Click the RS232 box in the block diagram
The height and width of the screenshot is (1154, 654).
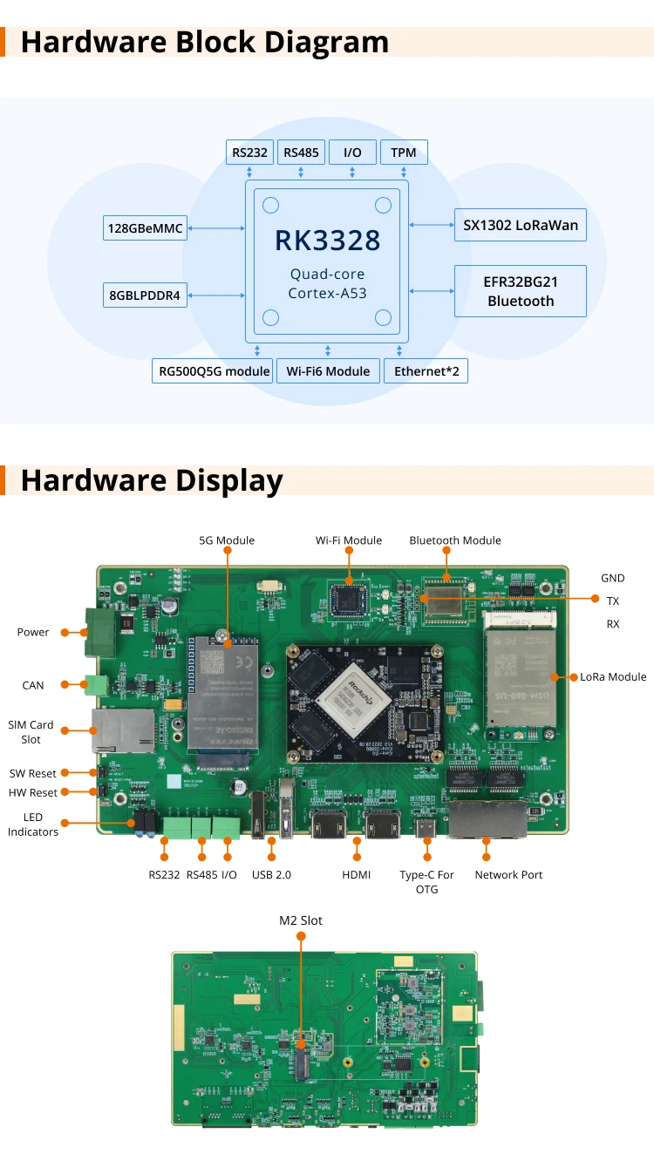point(250,153)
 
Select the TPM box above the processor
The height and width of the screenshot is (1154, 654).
point(403,153)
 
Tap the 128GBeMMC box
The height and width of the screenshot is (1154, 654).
point(145,228)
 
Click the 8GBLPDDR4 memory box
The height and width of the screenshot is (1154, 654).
point(145,295)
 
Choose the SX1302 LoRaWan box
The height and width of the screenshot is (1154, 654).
point(521,225)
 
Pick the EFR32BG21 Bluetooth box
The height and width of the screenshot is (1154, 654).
point(521,291)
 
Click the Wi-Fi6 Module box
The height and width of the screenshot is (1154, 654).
point(328,371)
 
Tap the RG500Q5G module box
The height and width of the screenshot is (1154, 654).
point(214,371)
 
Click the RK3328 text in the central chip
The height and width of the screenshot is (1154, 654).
point(327,240)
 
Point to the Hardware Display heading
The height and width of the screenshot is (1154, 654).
point(152,480)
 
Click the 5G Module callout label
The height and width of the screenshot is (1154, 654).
point(227,540)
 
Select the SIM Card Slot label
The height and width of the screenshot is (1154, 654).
point(31,732)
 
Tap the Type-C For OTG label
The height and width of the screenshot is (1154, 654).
point(426,881)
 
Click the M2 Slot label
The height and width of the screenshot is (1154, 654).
point(301,920)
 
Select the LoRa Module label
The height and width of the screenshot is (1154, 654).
point(613,677)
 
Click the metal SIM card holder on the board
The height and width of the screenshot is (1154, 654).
point(122,730)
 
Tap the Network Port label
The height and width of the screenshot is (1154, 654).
point(508,875)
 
